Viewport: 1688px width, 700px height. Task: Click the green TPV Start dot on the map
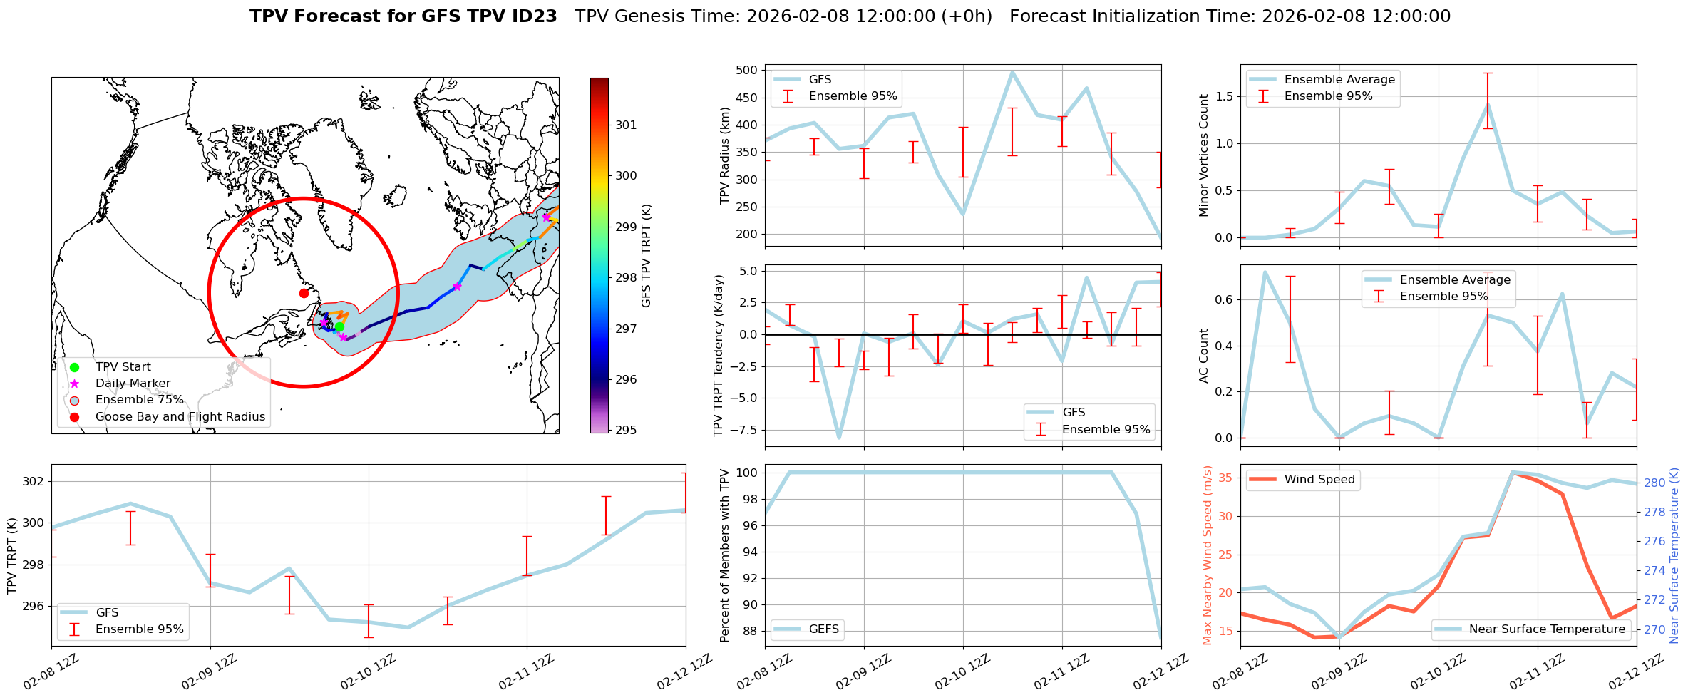click(x=339, y=326)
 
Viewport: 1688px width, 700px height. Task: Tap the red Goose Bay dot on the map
click(x=304, y=293)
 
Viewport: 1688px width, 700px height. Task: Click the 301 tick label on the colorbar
click(x=626, y=125)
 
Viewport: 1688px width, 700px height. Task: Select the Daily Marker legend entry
click(x=133, y=384)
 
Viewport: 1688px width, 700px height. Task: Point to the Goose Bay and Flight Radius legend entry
click(x=180, y=417)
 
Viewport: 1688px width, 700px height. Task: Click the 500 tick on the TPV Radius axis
click(x=746, y=70)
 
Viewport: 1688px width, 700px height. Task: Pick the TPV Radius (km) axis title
click(x=725, y=155)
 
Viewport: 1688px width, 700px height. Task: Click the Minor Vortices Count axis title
click(x=1203, y=155)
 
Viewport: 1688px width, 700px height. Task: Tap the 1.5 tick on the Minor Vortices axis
click(x=1224, y=96)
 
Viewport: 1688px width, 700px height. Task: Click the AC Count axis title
click(x=1203, y=356)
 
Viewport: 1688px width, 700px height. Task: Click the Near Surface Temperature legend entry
click(x=1547, y=629)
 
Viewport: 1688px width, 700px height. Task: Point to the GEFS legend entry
click(x=823, y=629)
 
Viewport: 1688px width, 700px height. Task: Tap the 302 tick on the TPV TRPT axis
click(x=33, y=481)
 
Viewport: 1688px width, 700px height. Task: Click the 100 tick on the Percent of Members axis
click(x=746, y=473)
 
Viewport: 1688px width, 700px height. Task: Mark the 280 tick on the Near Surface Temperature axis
click(x=1654, y=483)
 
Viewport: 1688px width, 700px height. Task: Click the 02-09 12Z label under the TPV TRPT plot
click(x=208, y=672)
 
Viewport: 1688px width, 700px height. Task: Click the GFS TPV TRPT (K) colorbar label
click(x=647, y=255)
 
